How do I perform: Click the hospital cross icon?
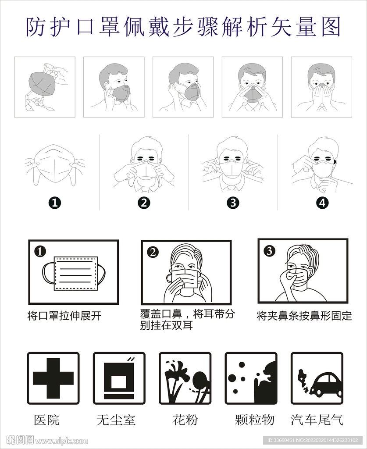coord(53,378)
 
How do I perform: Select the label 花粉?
coord(185,420)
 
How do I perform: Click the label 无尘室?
coord(116,420)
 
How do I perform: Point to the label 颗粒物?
coord(254,420)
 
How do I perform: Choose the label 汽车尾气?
coord(317,420)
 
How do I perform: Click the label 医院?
coord(46,420)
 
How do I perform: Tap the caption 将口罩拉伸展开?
coord(64,316)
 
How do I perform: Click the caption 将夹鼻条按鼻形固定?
coord(304,316)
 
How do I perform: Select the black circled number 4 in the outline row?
coord(322,203)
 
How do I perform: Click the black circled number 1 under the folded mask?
coord(55,203)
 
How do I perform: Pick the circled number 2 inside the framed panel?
coord(153,252)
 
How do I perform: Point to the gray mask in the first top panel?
coord(42,83)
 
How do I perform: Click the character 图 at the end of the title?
coord(331,26)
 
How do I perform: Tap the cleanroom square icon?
coord(119,378)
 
